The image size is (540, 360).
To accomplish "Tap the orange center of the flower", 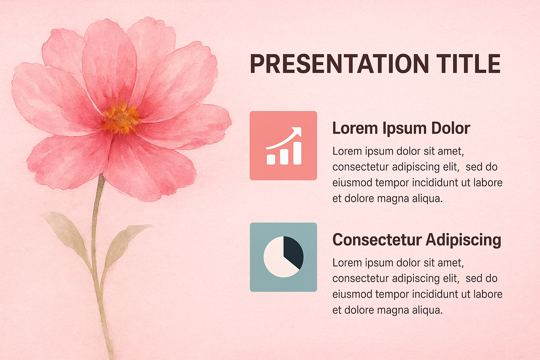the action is [121, 118].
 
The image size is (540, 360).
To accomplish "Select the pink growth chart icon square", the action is [283, 146].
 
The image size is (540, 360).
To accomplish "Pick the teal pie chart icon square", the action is [283, 257].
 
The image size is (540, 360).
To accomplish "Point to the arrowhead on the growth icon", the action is [297, 131].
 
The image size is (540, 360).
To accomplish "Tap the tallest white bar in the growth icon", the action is [297, 153].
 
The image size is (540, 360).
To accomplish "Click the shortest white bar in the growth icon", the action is [271, 159].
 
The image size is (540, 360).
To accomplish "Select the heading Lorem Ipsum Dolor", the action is [401, 128].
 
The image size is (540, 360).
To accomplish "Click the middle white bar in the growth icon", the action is [284, 156].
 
